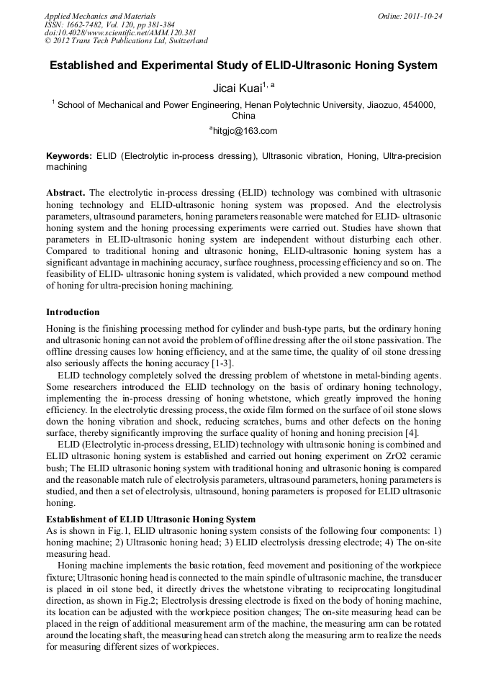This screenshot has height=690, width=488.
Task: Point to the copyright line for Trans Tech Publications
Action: click(x=126, y=41)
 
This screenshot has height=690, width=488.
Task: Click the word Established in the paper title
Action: click(x=85, y=65)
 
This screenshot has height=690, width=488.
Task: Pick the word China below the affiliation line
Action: click(x=243, y=115)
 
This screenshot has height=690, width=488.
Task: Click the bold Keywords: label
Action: click(x=69, y=155)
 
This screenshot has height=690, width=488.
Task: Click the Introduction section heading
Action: click(x=73, y=312)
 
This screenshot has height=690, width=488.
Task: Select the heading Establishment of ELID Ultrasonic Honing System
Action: click(x=150, y=519)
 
